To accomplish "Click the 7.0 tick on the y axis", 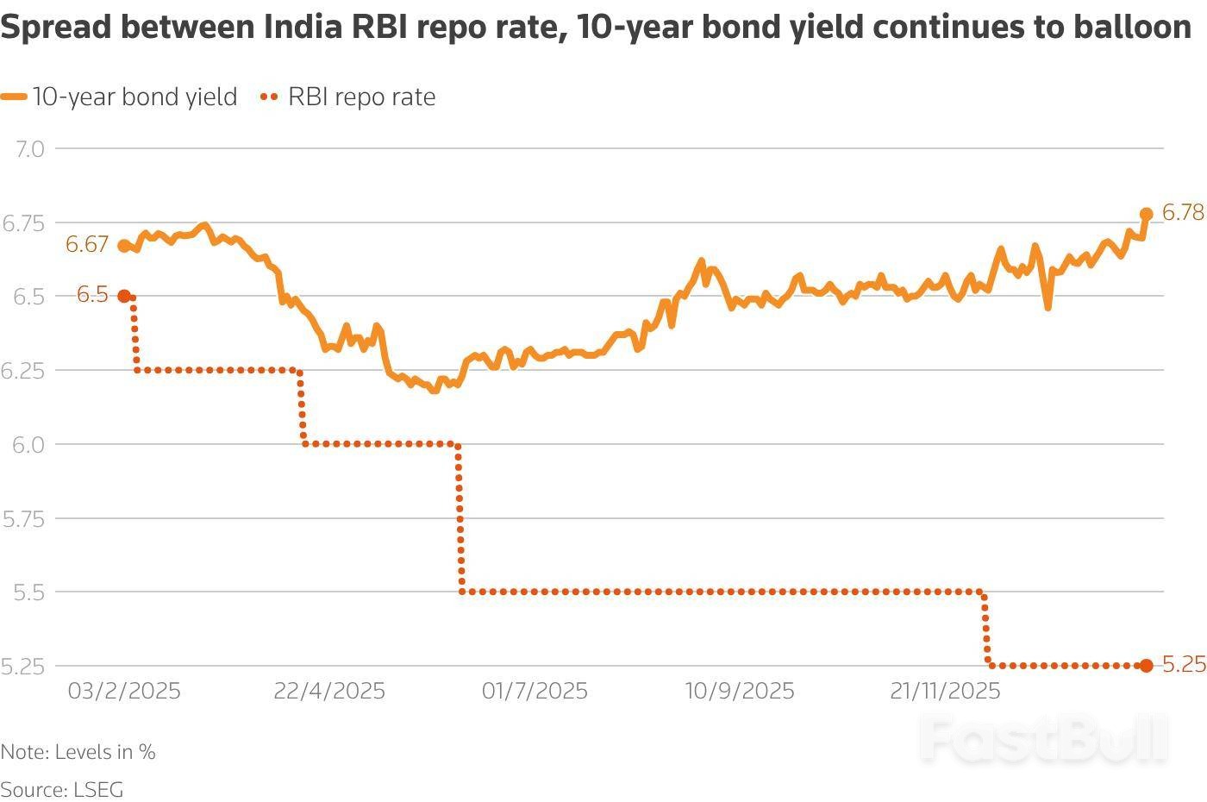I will point(29,148).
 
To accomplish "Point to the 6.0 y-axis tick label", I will point(26,444).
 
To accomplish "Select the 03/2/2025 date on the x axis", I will point(124,691).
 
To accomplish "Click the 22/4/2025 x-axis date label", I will point(329,691).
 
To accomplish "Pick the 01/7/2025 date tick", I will point(535,691).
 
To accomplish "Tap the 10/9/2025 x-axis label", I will point(740,691).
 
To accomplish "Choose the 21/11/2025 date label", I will point(945,691).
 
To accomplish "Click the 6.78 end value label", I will point(1183,212).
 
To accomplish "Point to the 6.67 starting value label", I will point(86,244).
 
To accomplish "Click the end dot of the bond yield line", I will point(1146,214).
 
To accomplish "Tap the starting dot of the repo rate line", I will point(124,296).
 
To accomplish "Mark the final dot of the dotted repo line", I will point(1146,665).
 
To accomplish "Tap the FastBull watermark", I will point(1043,738).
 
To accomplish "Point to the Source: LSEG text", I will point(62,789).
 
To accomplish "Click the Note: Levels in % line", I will point(78,752).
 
